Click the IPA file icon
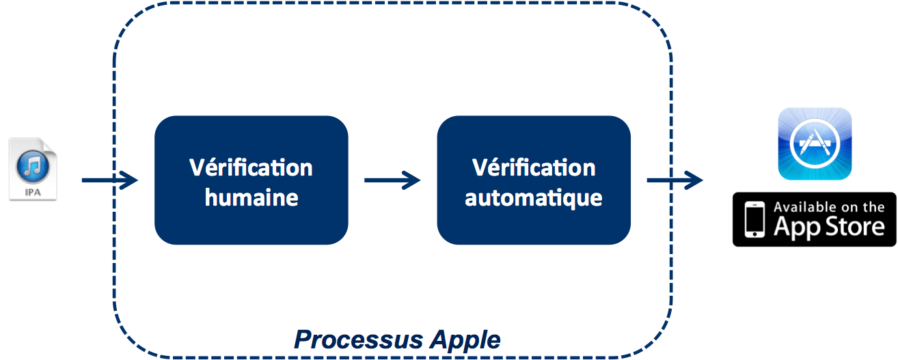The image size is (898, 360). (33, 169)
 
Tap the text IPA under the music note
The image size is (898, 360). (33, 193)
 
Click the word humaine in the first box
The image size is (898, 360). (251, 197)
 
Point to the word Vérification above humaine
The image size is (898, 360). (251, 167)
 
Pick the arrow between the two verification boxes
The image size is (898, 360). (392, 180)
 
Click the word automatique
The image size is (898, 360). (534, 197)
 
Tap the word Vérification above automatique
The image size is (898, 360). (534, 167)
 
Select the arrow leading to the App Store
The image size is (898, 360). (674, 180)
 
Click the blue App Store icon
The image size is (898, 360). (815, 143)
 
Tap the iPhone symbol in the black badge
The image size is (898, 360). (754, 219)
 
